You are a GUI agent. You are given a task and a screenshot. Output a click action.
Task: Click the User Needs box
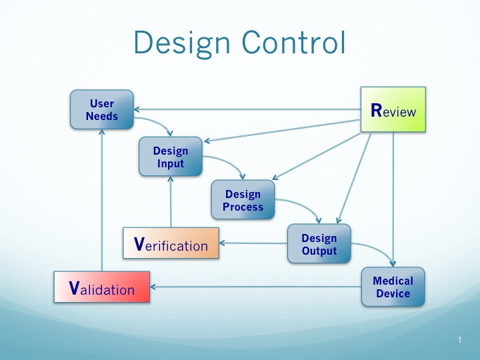tap(102, 110)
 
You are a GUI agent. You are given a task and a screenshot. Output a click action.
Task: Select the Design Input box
tap(171, 157)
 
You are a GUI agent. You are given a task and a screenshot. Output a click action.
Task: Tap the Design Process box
tap(243, 200)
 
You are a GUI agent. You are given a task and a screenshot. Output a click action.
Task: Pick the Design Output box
tap(319, 244)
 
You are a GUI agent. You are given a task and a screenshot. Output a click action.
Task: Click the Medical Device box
tap(393, 287)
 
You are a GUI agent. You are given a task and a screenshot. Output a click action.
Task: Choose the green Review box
tap(393, 110)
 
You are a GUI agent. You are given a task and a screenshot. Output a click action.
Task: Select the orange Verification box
tap(171, 245)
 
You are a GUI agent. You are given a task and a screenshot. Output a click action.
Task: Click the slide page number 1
tap(460, 341)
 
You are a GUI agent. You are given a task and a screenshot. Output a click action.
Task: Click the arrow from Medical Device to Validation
tap(253, 288)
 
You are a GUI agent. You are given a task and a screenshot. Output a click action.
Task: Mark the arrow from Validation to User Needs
tap(101, 200)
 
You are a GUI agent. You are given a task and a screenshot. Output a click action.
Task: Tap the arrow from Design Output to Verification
tap(253, 243)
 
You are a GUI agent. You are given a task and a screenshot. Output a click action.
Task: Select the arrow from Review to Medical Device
tap(393, 200)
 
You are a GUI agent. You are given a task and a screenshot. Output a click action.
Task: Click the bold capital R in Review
tap(376, 110)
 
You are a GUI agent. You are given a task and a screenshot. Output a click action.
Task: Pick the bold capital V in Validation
tap(75, 288)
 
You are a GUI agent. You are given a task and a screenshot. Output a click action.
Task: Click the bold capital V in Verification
tap(139, 245)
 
